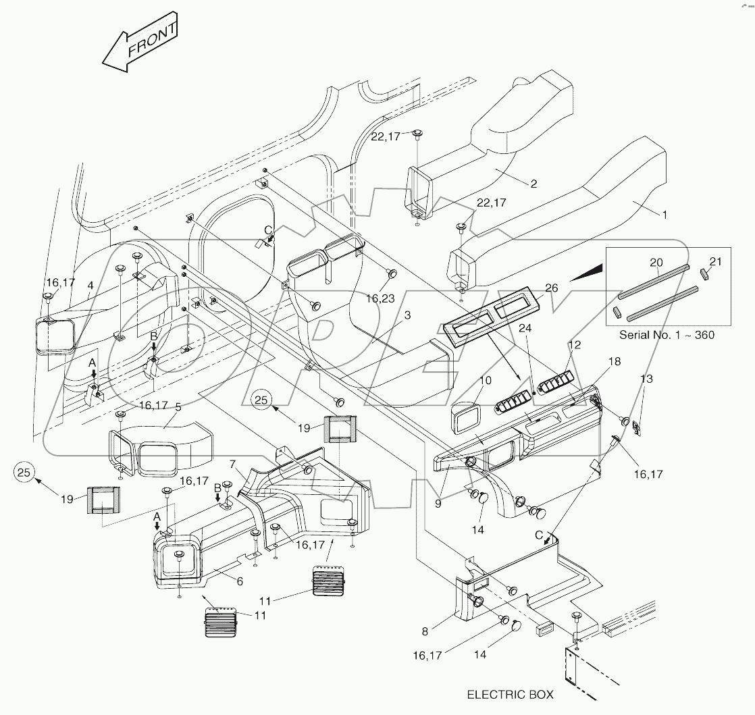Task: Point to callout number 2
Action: [x=533, y=183]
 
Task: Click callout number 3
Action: [x=407, y=315]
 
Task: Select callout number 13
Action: [x=647, y=379]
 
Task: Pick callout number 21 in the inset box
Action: [x=716, y=261]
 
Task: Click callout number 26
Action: [x=552, y=288]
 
